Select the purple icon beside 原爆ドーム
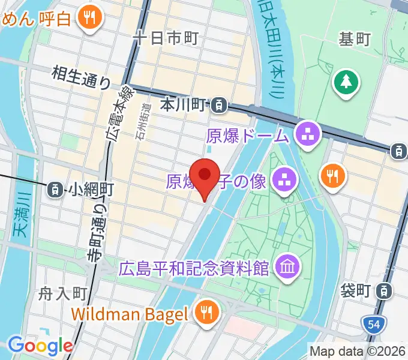click(x=309, y=134)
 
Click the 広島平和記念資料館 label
click(x=194, y=267)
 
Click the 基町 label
click(x=355, y=40)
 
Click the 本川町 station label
click(x=183, y=104)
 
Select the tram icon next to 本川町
click(x=219, y=105)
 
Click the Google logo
click(x=40, y=345)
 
